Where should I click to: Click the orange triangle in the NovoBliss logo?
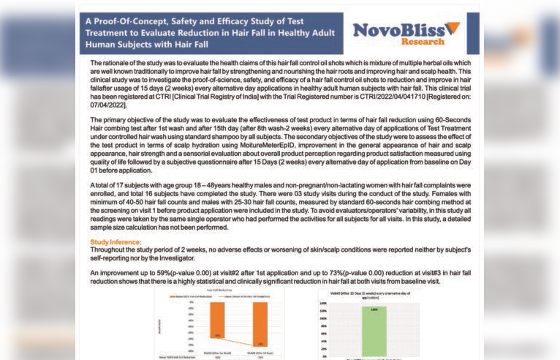(453, 28)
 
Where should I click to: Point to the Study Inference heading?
(116, 241)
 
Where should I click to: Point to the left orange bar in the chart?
(217, 322)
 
